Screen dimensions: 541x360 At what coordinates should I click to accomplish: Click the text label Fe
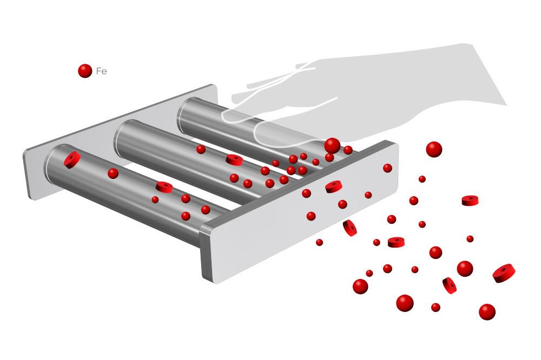[x=102, y=71]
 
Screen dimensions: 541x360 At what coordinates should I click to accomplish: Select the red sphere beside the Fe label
[x=85, y=71]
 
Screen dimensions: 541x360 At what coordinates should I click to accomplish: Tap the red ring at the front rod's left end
[x=72, y=159]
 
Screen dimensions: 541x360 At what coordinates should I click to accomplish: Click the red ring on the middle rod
[x=234, y=159]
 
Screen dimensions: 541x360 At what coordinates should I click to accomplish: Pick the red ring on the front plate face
[x=334, y=186]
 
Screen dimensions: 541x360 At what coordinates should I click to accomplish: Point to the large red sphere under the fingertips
[x=332, y=145]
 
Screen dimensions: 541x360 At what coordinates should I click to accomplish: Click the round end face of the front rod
[x=52, y=162]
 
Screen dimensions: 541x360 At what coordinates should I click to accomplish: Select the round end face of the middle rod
[x=121, y=138]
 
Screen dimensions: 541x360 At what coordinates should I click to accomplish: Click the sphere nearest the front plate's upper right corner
[x=387, y=168]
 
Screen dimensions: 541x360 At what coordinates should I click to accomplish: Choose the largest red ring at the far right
[x=504, y=273]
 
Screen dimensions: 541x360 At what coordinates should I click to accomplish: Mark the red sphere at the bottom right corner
[x=487, y=312]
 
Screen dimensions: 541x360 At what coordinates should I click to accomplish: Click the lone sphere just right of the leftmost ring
[x=113, y=174]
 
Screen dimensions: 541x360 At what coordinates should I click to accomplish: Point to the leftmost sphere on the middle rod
[x=201, y=149]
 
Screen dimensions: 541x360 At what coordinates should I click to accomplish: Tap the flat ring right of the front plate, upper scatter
[x=470, y=201]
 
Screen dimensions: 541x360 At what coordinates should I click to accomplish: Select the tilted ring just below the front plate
[x=349, y=228]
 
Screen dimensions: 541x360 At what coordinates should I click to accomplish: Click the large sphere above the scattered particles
[x=434, y=149]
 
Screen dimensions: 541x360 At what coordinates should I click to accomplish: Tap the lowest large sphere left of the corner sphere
[x=405, y=303]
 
